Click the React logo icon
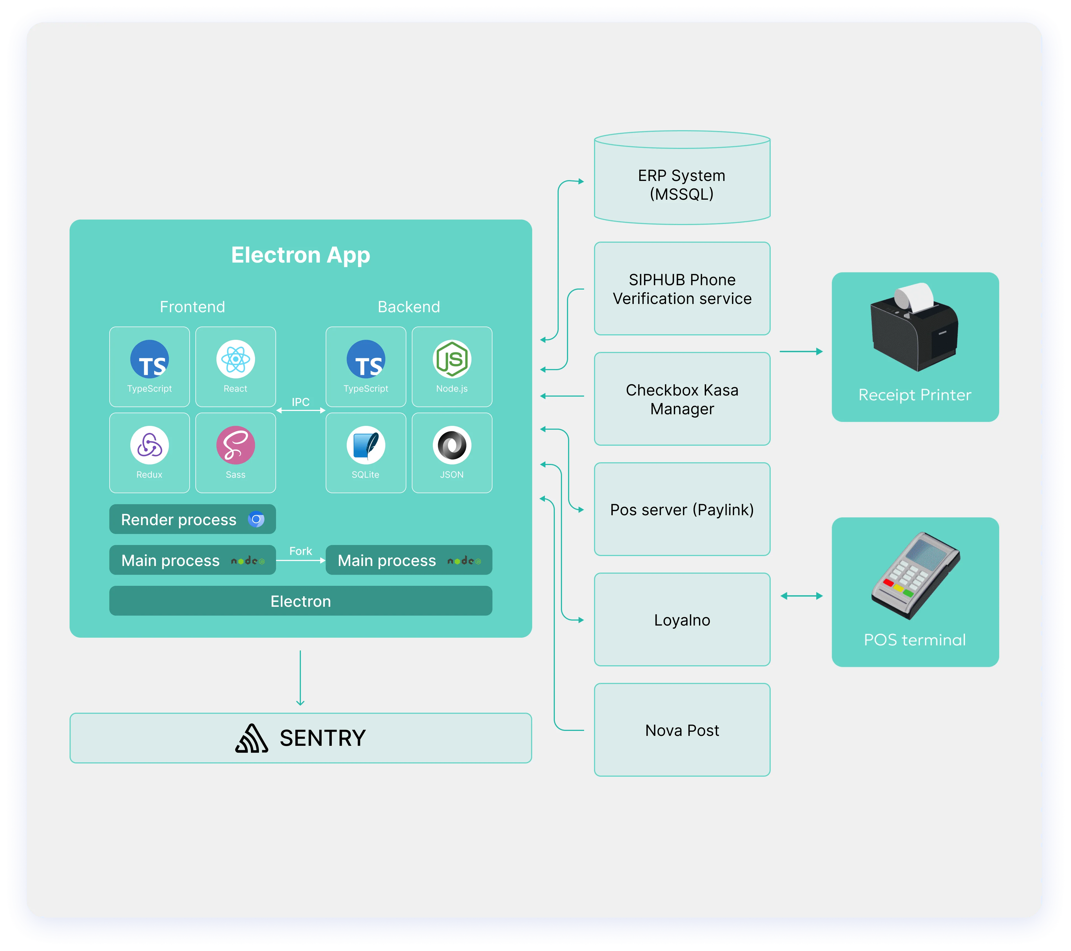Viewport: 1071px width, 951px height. click(x=235, y=359)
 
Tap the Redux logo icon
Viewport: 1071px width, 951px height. click(x=149, y=445)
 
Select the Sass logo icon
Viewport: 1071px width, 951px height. click(x=235, y=445)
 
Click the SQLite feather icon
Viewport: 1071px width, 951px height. click(x=366, y=445)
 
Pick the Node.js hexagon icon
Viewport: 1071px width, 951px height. click(x=452, y=359)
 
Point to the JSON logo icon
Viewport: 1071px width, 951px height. click(x=452, y=445)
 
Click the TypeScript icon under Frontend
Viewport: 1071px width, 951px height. click(x=149, y=359)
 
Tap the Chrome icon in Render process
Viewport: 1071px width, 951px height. click(x=256, y=519)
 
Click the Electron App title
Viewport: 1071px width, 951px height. click(x=300, y=255)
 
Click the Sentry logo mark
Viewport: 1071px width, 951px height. click(x=251, y=738)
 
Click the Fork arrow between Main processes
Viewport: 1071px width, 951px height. click(x=300, y=560)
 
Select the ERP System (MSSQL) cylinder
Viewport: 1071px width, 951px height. click(x=682, y=181)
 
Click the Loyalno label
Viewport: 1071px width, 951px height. click(x=682, y=620)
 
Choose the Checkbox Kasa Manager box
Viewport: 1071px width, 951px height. click(x=682, y=399)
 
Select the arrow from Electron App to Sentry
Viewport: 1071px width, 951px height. click(x=300, y=678)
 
